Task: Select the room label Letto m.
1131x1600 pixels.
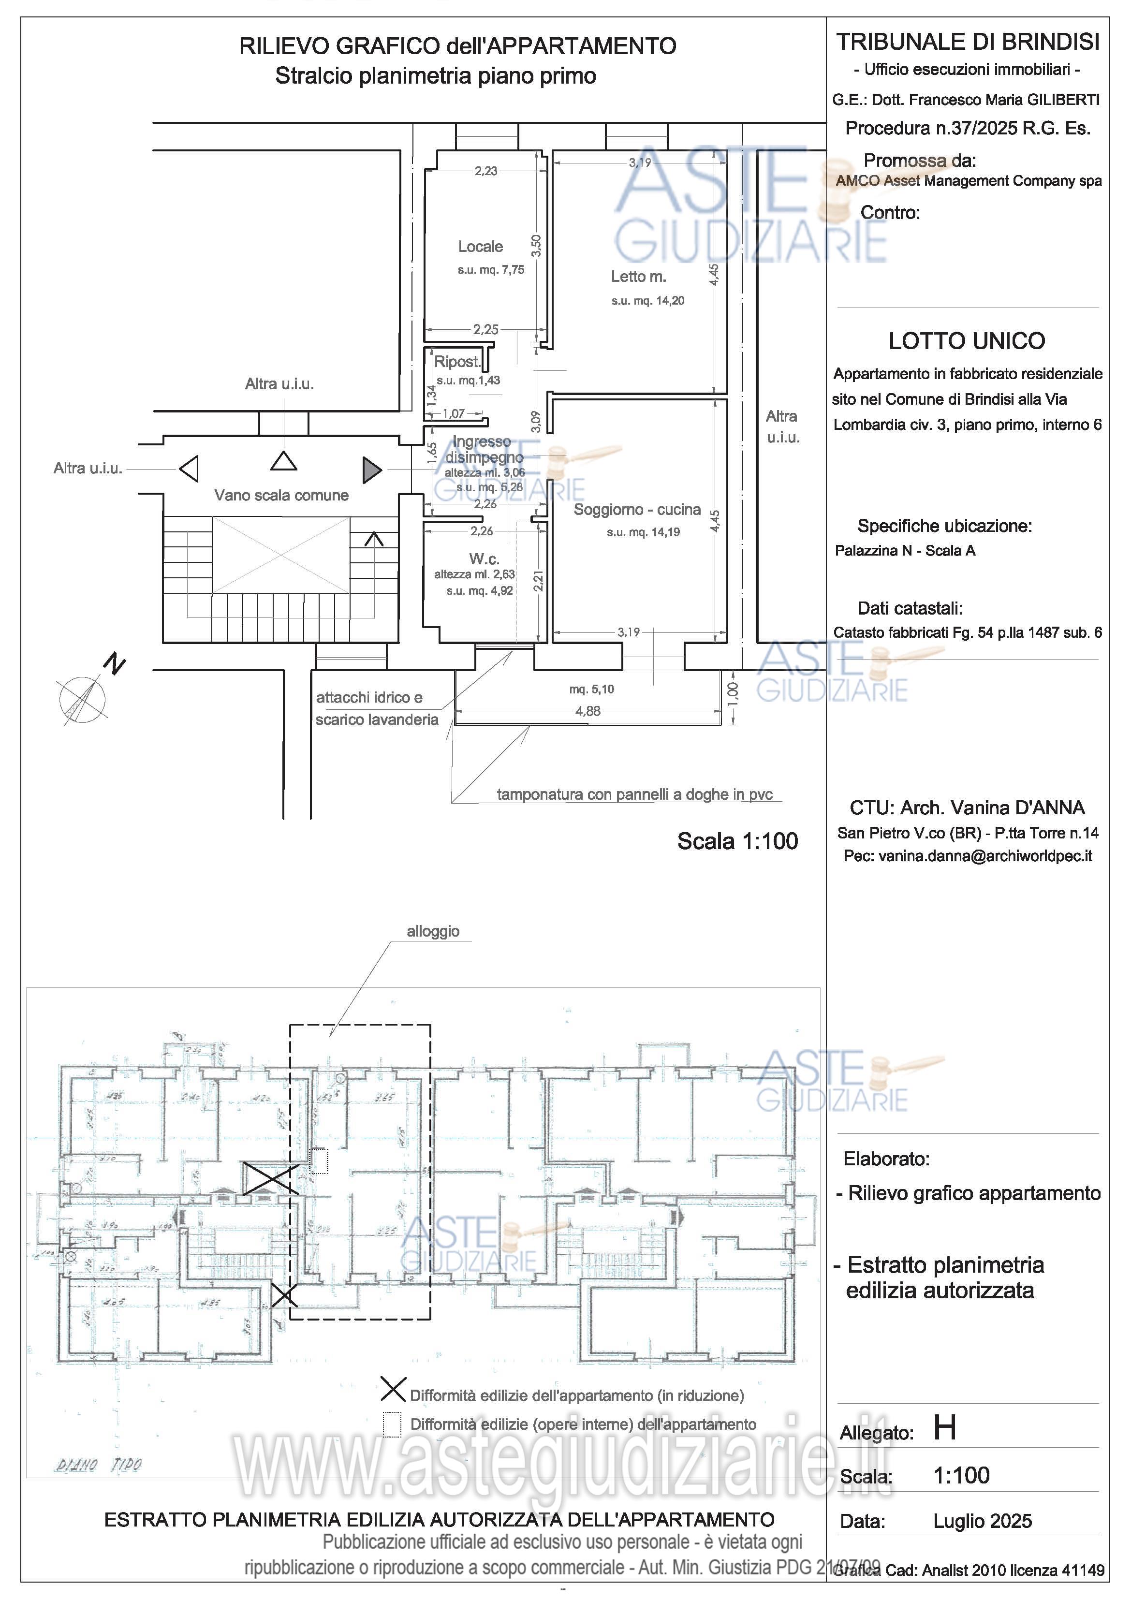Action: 638,277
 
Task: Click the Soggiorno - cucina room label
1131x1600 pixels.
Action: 637,510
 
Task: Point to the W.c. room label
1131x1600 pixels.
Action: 484,559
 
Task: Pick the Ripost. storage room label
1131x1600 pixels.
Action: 457,362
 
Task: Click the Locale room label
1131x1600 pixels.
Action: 480,247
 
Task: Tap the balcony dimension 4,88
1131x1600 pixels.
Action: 588,711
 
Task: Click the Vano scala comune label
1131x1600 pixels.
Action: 281,496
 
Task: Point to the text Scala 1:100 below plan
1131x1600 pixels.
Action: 737,841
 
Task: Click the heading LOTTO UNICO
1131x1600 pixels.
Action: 967,341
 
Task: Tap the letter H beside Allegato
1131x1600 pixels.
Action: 945,1428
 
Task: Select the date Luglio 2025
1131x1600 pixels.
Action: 983,1521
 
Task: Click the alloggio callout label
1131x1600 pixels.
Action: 433,931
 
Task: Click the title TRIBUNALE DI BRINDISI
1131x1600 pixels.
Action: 968,42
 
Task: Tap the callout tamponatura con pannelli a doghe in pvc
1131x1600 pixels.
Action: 634,794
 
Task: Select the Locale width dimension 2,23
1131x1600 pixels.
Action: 485,171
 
